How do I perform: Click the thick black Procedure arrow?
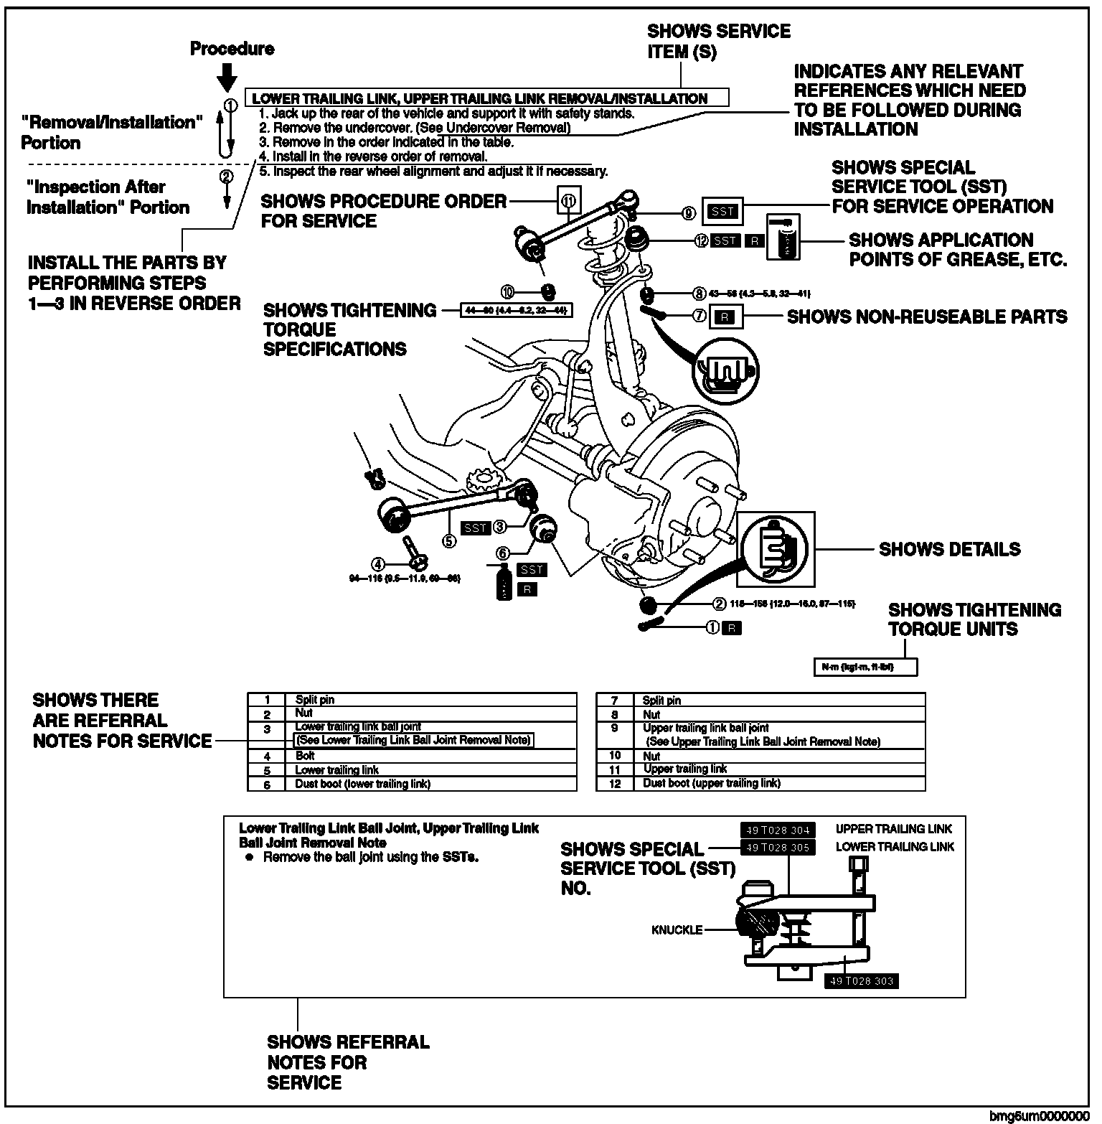point(227,74)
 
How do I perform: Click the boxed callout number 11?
point(569,200)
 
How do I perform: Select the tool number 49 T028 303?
point(860,981)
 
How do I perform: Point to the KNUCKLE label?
point(677,930)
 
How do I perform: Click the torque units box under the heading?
point(865,667)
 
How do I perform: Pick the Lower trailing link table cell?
point(336,770)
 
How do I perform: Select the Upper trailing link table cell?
point(684,769)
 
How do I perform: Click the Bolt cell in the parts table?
point(306,756)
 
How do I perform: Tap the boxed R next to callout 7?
point(725,317)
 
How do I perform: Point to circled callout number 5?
point(449,541)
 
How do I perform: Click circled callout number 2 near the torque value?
point(717,604)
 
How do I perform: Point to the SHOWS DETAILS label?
point(949,550)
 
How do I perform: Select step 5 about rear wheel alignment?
point(433,172)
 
